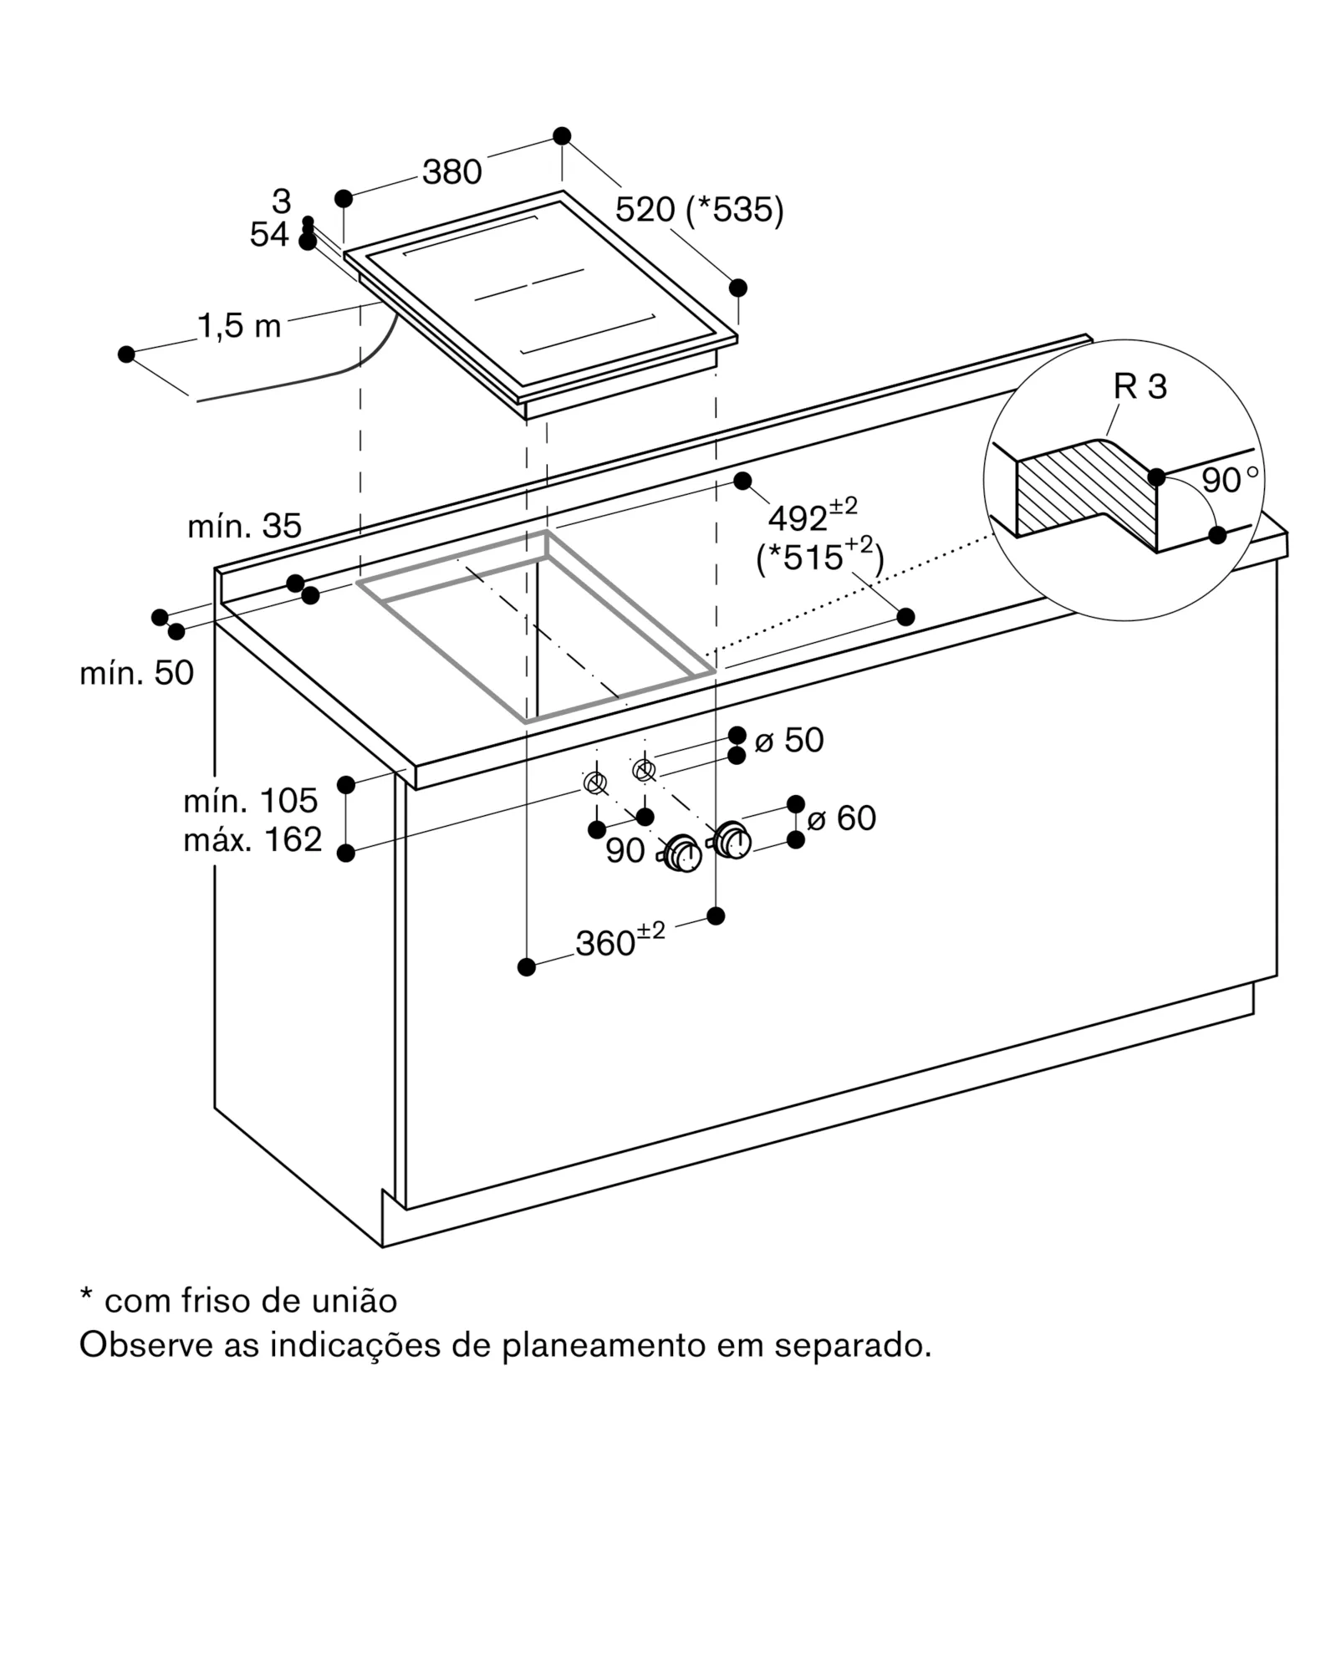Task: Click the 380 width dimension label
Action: (451, 172)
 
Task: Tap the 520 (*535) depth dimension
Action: (699, 210)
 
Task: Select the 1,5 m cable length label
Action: (239, 326)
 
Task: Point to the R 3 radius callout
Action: (1140, 387)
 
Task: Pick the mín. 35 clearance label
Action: (244, 526)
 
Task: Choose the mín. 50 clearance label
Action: (136, 672)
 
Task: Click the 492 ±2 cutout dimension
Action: (812, 516)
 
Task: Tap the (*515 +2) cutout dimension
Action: (819, 556)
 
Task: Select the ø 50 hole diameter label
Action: (788, 740)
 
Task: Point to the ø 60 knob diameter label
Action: (841, 818)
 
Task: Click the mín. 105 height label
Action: (250, 801)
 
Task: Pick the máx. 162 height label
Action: (252, 839)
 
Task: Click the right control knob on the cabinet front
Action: (732, 839)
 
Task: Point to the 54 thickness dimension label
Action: (268, 236)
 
